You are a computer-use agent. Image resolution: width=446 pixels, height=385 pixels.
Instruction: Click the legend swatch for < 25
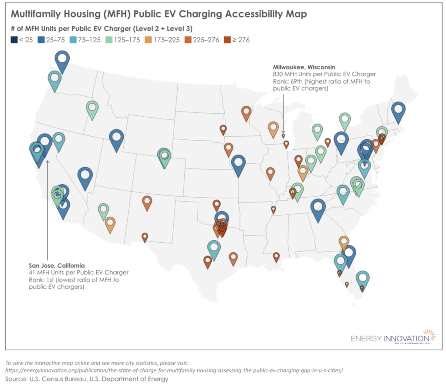pyautogui.click(x=14, y=40)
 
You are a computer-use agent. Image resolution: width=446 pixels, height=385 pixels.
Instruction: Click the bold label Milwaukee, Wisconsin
pyautogui.click(x=304, y=67)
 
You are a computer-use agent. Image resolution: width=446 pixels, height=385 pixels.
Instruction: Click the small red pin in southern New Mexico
pyautogui.click(x=145, y=237)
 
